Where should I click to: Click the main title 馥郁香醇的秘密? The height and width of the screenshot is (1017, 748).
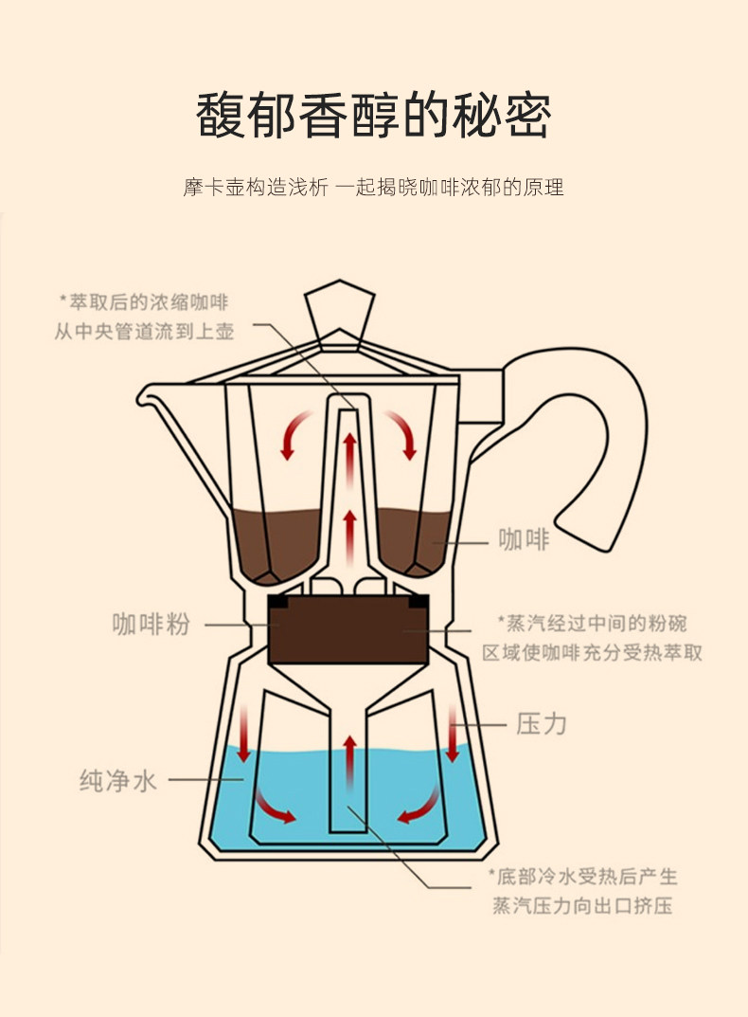tap(373, 117)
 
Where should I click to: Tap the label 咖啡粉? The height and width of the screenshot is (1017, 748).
tap(151, 625)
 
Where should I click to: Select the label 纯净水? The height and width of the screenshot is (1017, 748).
tap(117, 781)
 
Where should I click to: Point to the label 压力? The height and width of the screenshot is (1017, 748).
tap(543, 724)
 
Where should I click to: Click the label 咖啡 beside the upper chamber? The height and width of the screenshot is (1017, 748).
tap(524, 540)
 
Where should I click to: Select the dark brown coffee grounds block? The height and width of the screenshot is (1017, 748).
tap(345, 628)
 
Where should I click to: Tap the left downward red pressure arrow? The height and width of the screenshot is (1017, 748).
tap(244, 733)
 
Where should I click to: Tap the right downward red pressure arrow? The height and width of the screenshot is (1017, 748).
tap(453, 733)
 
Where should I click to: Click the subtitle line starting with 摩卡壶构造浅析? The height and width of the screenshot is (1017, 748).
tap(373, 187)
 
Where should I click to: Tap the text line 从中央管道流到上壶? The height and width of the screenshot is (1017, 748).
tap(144, 332)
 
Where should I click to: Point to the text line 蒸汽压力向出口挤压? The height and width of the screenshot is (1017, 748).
tap(581, 906)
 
